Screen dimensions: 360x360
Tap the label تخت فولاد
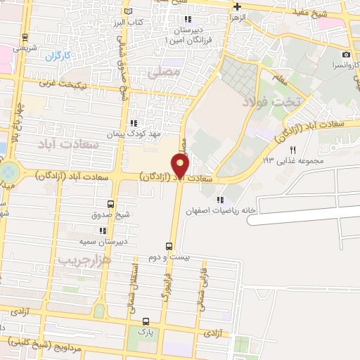(271, 102)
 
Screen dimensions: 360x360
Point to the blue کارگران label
(60, 55)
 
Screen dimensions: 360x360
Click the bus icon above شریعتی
(26, 38)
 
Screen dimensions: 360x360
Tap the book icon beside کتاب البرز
(127, 12)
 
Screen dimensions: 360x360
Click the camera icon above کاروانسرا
(346, 55)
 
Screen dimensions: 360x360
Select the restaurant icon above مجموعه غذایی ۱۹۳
(293, 149)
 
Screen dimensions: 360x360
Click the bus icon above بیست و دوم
(168, 246)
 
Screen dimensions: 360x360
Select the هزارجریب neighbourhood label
(84, 259)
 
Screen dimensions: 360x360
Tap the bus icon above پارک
(146, 320)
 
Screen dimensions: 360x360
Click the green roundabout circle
(8, 172)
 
